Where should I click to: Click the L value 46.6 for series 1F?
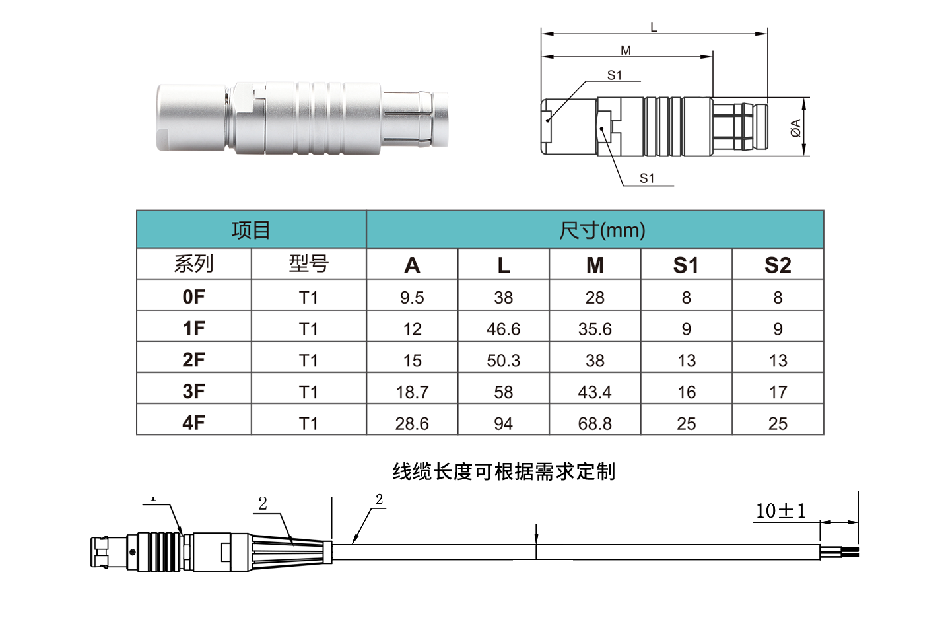coord(503,329)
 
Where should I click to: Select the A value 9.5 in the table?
coord(412,298)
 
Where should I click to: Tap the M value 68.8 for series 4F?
coord(595,423)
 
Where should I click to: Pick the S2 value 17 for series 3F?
coord(778,392)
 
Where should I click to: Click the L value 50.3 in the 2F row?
coord(503,361)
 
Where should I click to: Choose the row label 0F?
coord(194,297)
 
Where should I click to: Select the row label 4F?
coord(194,423)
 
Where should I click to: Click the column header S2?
coord(778,265)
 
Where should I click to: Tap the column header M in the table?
coord(595,265)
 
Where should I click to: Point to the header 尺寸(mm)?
coord(602,230)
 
